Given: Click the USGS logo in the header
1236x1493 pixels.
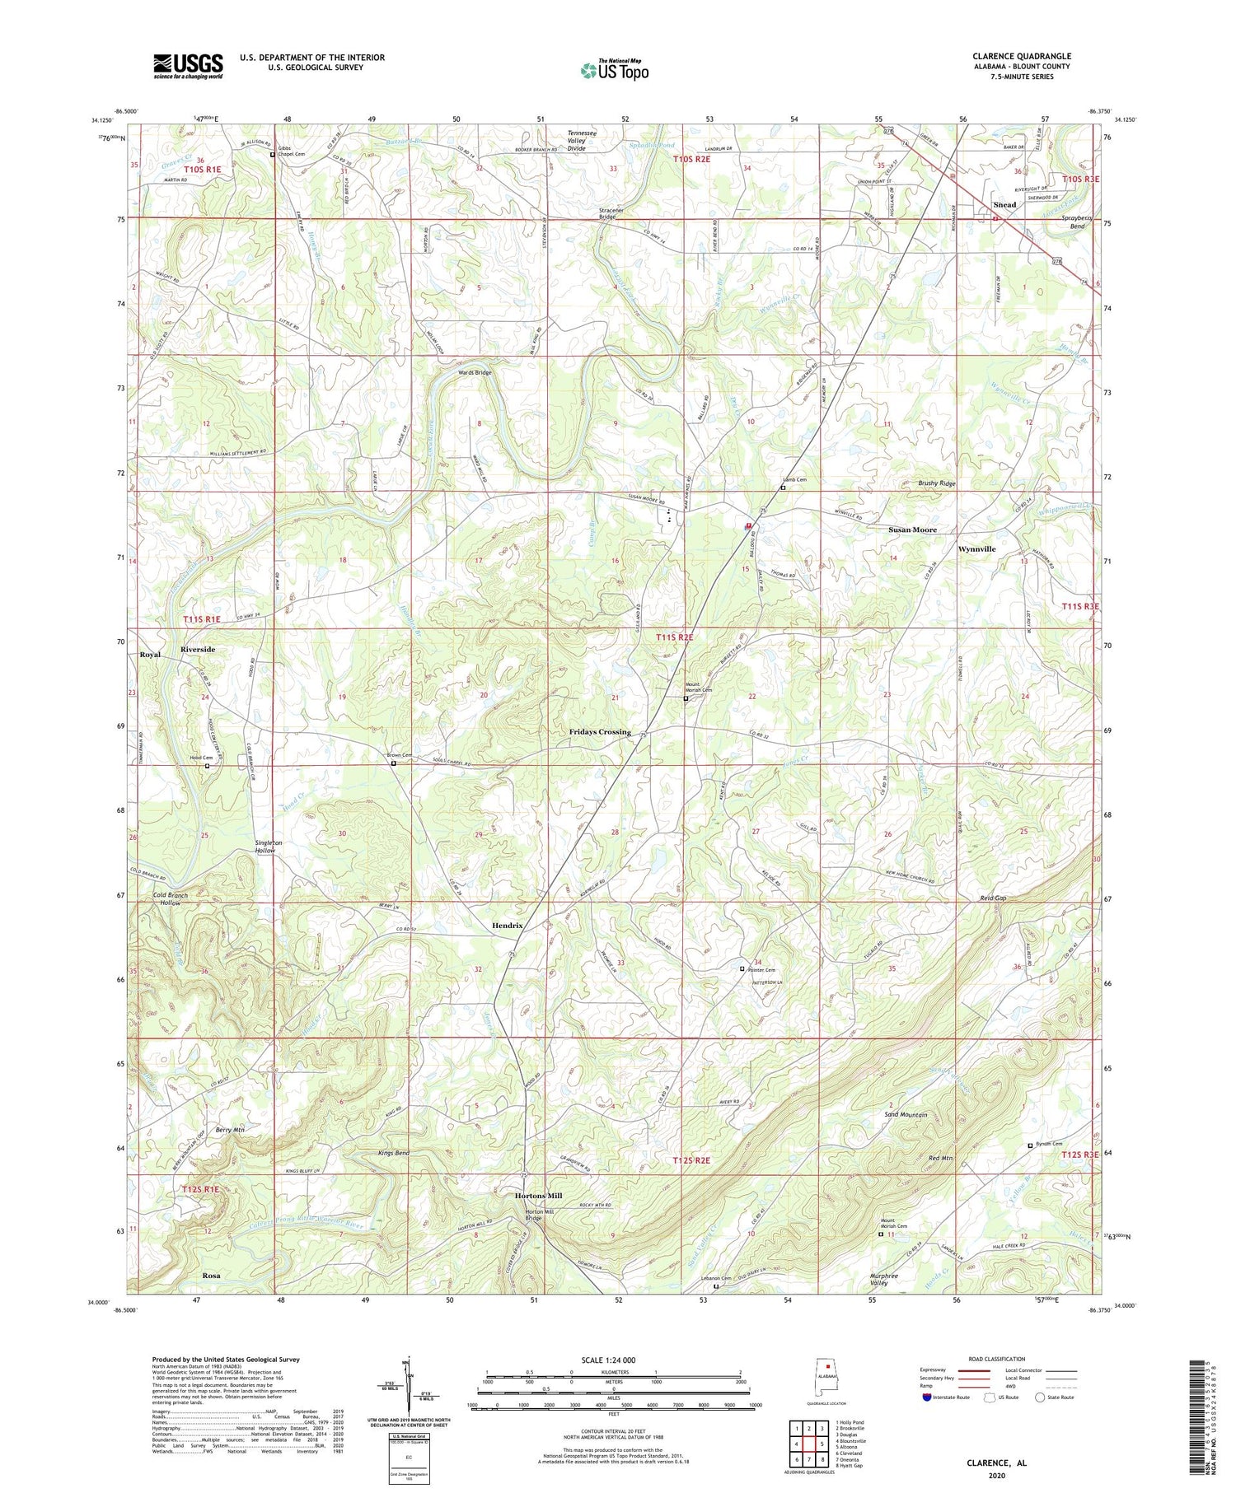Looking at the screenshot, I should tap(188, 66).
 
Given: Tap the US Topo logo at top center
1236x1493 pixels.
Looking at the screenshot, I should tap(614, 71).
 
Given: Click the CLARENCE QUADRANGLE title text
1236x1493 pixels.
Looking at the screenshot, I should tap(1021, 56).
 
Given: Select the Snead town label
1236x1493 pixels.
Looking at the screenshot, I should tap(1004, 204).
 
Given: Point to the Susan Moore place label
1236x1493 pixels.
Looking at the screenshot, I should tap(912, 530).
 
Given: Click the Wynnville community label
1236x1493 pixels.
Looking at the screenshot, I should tap(976, 548).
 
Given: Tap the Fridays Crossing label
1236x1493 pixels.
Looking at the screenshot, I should tap(600, 731).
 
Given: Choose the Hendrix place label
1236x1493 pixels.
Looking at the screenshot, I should tap(508, 925).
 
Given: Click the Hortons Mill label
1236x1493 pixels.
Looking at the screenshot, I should tap(538, 1195).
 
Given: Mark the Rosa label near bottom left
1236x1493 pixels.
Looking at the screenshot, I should tap(211, 1275).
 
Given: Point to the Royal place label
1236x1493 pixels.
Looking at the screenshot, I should tap(150, 654).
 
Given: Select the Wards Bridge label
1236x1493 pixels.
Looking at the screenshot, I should tap(475, 372).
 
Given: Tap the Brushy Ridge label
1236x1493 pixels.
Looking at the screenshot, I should tap(937, 483).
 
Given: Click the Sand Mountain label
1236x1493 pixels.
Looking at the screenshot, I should tap(906, 1114).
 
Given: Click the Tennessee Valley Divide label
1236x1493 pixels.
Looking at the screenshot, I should tap(588, 141).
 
